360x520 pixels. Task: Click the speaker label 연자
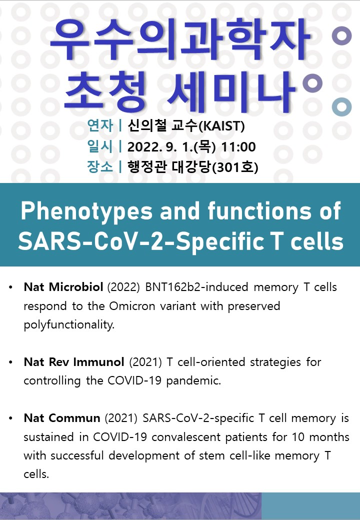100,125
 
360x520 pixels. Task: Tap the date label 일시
100,146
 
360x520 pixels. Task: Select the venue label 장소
100,166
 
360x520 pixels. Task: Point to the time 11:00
238,147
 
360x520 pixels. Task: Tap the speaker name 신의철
147,125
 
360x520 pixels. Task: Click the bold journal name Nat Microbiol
63,287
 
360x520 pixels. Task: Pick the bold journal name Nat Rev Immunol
74,362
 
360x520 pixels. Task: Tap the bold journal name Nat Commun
62,418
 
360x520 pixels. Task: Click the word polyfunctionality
69,325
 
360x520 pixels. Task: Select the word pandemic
193,380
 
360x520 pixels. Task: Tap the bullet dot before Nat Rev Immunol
11,362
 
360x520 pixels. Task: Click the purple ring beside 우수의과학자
342,35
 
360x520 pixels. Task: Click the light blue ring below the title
342,107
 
